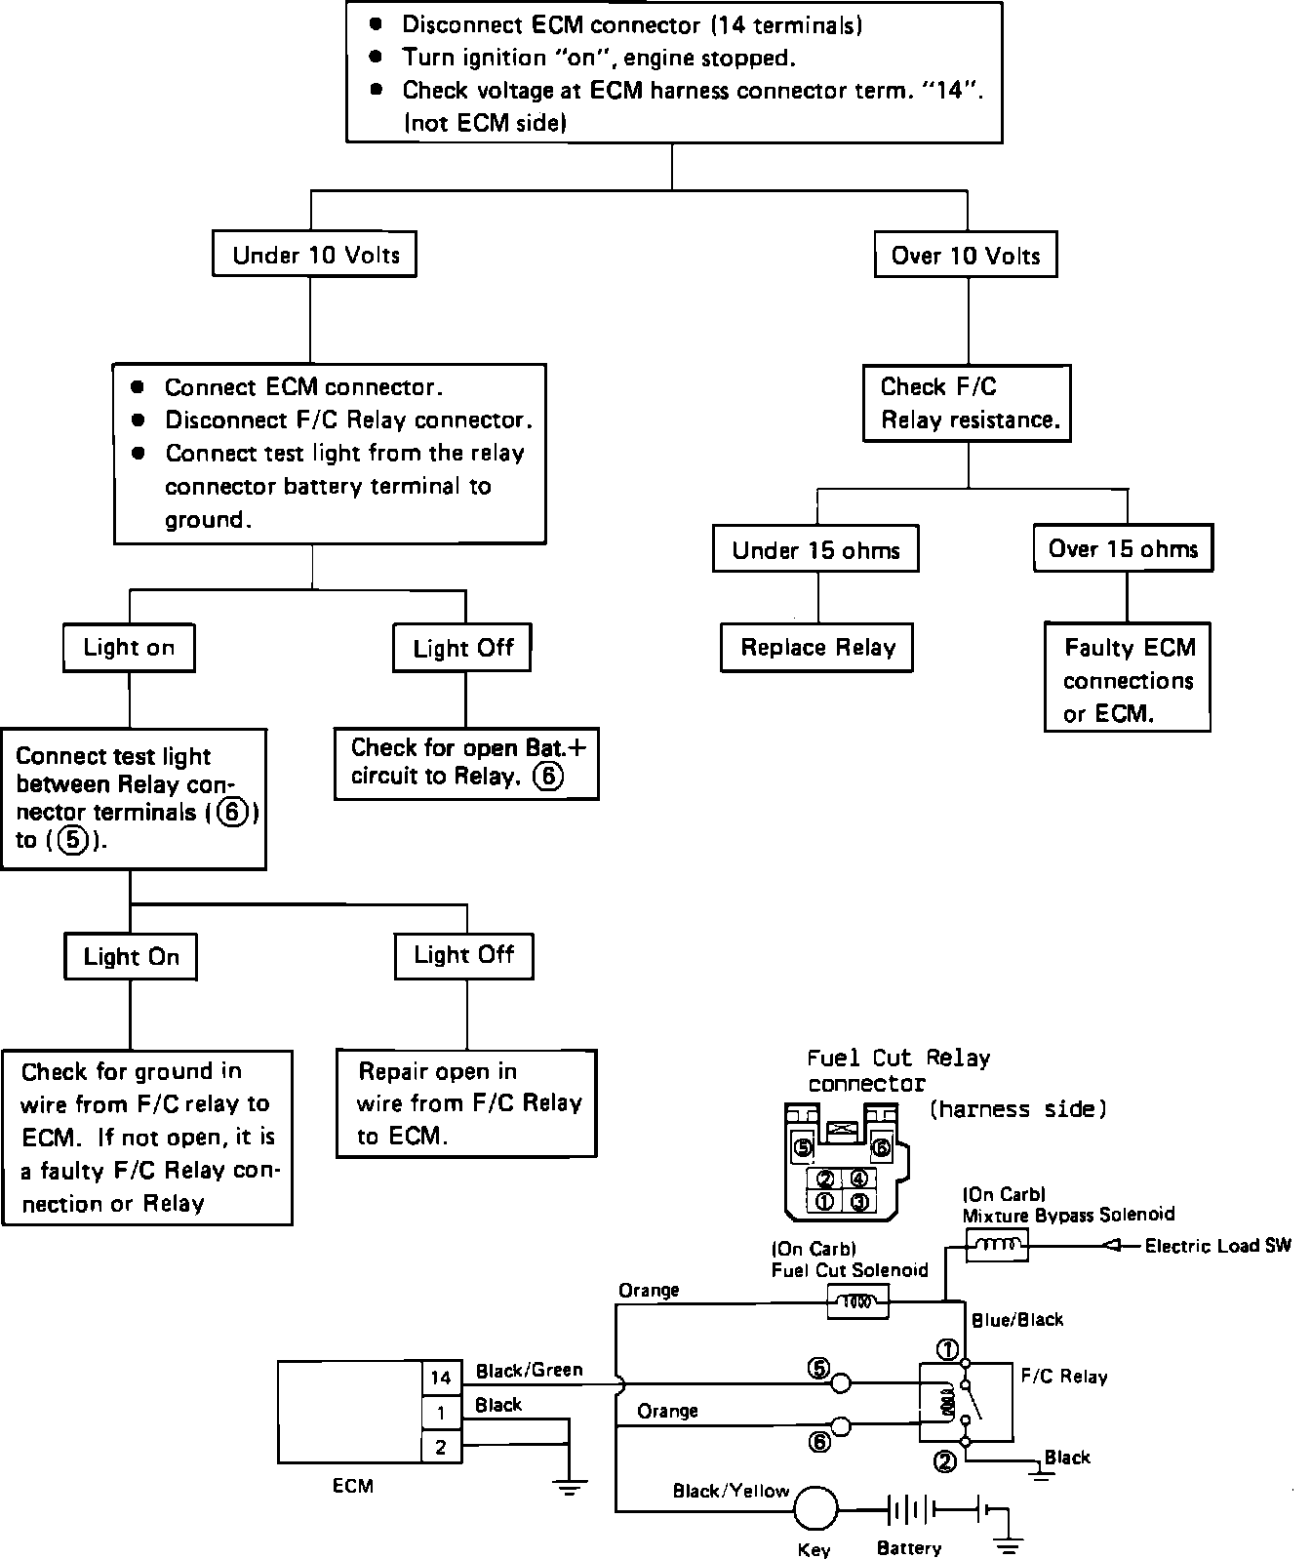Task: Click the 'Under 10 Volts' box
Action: pyautogui.click(x=316, y=256)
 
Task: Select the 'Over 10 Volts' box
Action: pyautogui.click(x=966, y=256)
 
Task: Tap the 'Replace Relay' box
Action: pyautogui.click(x=817, y=648)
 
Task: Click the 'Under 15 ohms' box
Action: pyautogui.click(x=815, y=550)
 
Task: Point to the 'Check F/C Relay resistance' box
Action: pyautogui.click(x=968, y=403)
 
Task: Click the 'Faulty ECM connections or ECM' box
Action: pyautogui.click(x=1128, y=679)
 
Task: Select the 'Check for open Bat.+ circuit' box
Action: pyautogui.click(x=466, y=763)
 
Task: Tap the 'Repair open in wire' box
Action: pyautogui.click(x=466, y=1103)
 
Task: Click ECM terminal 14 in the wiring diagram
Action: pyautogui.click(x=441, y=1378)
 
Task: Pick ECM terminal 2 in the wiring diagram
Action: pyautogui.click(x=441, y=1448)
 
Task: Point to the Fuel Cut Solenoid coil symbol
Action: pyautogui.click(x=857, y=1301)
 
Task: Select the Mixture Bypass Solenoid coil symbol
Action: pyautogui.click(x=996, y=1245)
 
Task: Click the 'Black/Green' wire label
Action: pyautogui.click(x=529, y=1371)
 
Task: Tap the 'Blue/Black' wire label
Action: pyautogui.click(x=1017, y=1320)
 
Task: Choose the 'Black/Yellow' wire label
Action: pyautogui.click(x=731, y=1491)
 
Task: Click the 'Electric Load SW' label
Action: pyautogui.click(x=1217, y=1246)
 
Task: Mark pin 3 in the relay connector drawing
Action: pyautogui.click(x=858, y=1202)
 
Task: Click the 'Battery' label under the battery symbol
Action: pyautogui.click(x=909, y=1548)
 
